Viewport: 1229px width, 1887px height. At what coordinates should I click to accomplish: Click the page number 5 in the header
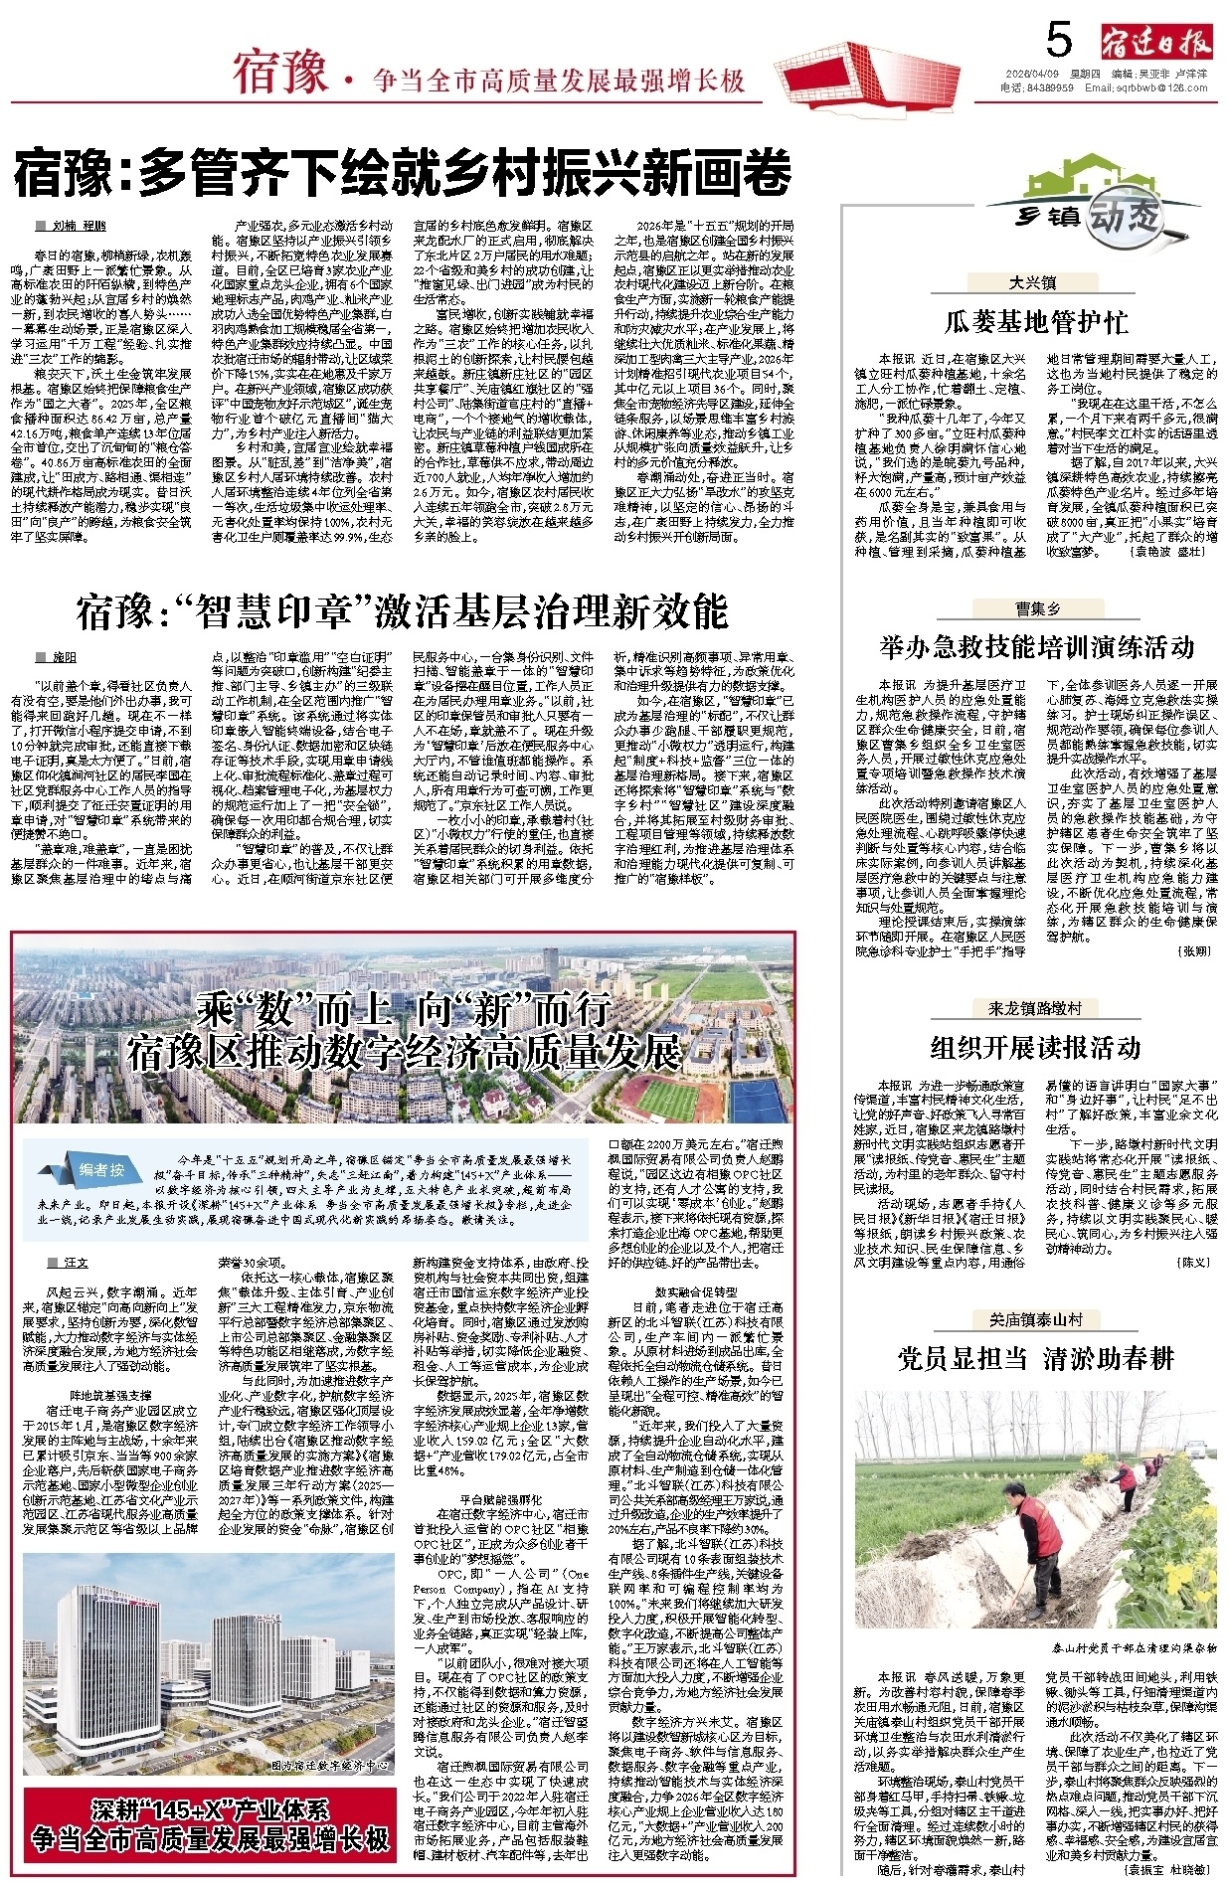tap(1059, 41)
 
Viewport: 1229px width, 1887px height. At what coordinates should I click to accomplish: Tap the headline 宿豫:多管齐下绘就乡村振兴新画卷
tap(403, 173)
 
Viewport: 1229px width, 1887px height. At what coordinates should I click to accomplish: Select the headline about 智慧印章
tap(402, 611)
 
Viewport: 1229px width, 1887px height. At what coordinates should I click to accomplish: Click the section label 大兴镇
tap(1032, 283)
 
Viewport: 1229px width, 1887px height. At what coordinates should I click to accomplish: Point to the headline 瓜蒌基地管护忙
tap(1035, 322)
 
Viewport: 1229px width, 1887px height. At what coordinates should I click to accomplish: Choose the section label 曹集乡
tap(1036, 608)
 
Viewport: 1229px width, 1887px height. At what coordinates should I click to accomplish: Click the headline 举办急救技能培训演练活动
tap(1036, 648)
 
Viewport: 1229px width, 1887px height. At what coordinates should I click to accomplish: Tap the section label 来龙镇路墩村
tap(1034, 1008)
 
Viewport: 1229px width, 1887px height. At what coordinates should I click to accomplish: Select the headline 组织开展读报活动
tap(1035, 1047)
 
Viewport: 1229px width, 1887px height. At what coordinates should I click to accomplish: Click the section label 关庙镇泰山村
tap(1035, 1319)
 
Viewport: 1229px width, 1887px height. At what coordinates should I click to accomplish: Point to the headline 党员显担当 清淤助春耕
tap(1035, 1358)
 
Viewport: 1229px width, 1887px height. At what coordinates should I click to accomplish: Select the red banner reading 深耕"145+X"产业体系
tap(209, 1823)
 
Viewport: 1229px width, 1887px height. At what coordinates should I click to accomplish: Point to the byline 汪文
tap(76, 1263)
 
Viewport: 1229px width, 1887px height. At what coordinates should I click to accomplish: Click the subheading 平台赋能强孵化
tap(501, 1499)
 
